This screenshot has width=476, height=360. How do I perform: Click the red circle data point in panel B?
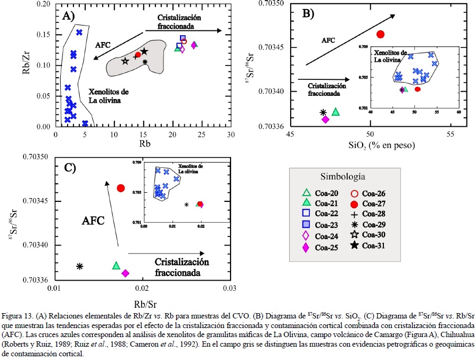pos(381,35)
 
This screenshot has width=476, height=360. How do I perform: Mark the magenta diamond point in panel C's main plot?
pos(125,273)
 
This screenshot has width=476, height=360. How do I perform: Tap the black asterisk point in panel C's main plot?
pos(80,266)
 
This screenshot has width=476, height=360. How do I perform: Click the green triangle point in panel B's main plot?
pos(335,112)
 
